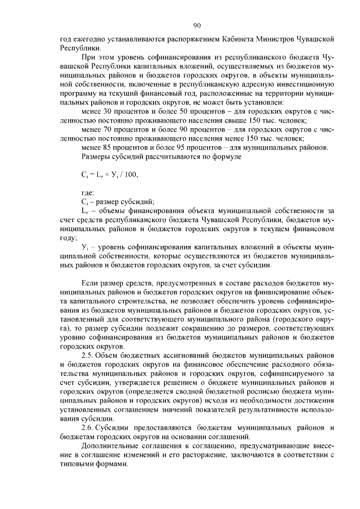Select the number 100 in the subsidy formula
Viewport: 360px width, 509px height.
pos(130,174)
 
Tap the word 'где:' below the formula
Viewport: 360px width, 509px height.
pos(88,193)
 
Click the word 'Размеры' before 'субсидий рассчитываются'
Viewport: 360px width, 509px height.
pos(97,156)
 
